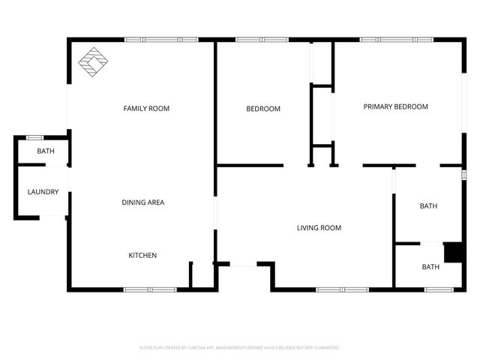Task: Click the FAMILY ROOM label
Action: [x=146, y=109]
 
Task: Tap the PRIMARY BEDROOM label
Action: [x=395, y=106]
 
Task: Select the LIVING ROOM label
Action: [x=319, y=228]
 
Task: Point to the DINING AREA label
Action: [x=142, y=202]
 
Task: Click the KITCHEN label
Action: [x=142, y=256]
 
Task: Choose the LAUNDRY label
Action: [x=43, y=192]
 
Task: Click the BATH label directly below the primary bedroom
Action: [x=428, y=206]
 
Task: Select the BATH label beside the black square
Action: [x=430, y=267]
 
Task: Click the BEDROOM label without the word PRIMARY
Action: [x=263, y=109]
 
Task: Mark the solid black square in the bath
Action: [x=452, y=253]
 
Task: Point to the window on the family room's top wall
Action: [x=161, y=40]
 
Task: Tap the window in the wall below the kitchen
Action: [x=149, y=289]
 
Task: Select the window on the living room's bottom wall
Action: [x=342, y=289]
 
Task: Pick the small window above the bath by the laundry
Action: [x=34, y=137]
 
